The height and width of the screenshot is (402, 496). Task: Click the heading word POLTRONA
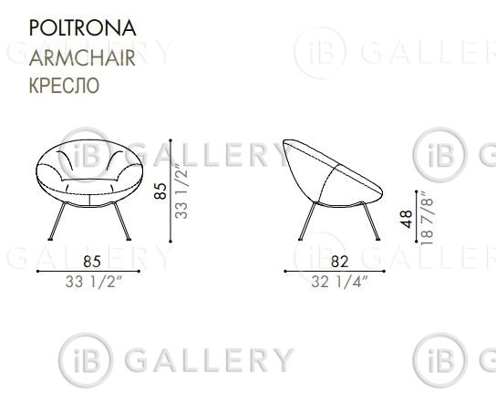click(x=83, y=28)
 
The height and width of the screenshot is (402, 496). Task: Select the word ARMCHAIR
click(x=82, y=57)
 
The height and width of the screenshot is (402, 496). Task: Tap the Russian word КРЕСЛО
click(x=64, y=85)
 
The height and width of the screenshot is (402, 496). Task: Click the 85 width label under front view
click(x=92, y=262)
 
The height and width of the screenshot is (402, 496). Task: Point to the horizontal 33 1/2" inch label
click(x=94, y=282)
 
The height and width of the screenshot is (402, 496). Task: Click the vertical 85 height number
click(x=160, y=191)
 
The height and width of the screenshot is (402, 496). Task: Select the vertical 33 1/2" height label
click(x=181, y=191)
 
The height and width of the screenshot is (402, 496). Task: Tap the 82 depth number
click(x=340, y=262)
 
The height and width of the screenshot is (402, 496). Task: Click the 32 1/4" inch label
click(x=339, y=282)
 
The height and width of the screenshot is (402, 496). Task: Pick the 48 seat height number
click(x=406, y=219)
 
